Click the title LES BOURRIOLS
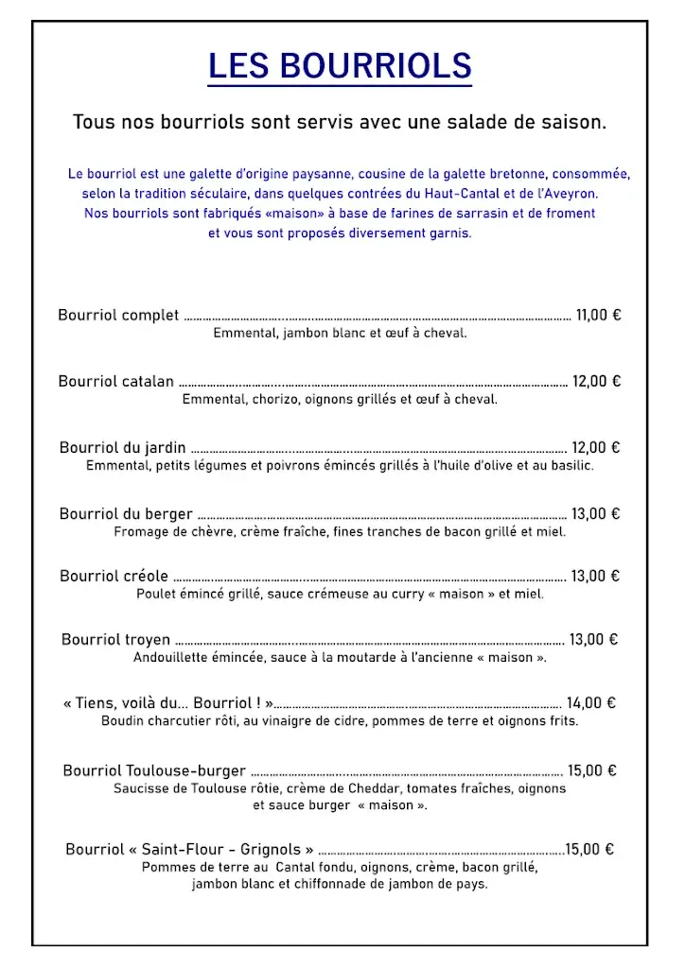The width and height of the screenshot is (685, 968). (x=340, y=66)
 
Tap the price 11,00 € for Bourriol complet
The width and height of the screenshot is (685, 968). (x=598, y=316)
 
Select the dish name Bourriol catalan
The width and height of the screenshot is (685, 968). (x=116, y=382)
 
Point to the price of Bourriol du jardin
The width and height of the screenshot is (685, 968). (x=596, y=448)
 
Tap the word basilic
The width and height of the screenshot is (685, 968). (x=571, y=465)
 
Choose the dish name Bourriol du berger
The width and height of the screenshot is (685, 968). (x=126, y=514)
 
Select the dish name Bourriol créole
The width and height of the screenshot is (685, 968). (x=114, y=577)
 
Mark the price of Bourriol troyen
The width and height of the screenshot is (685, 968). (x=593, y=640)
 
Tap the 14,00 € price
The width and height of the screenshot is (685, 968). (x=591, y=703)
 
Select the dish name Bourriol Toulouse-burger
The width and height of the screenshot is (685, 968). (x=154, y=771)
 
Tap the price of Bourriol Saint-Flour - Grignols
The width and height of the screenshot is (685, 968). (x=589, y=850)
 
